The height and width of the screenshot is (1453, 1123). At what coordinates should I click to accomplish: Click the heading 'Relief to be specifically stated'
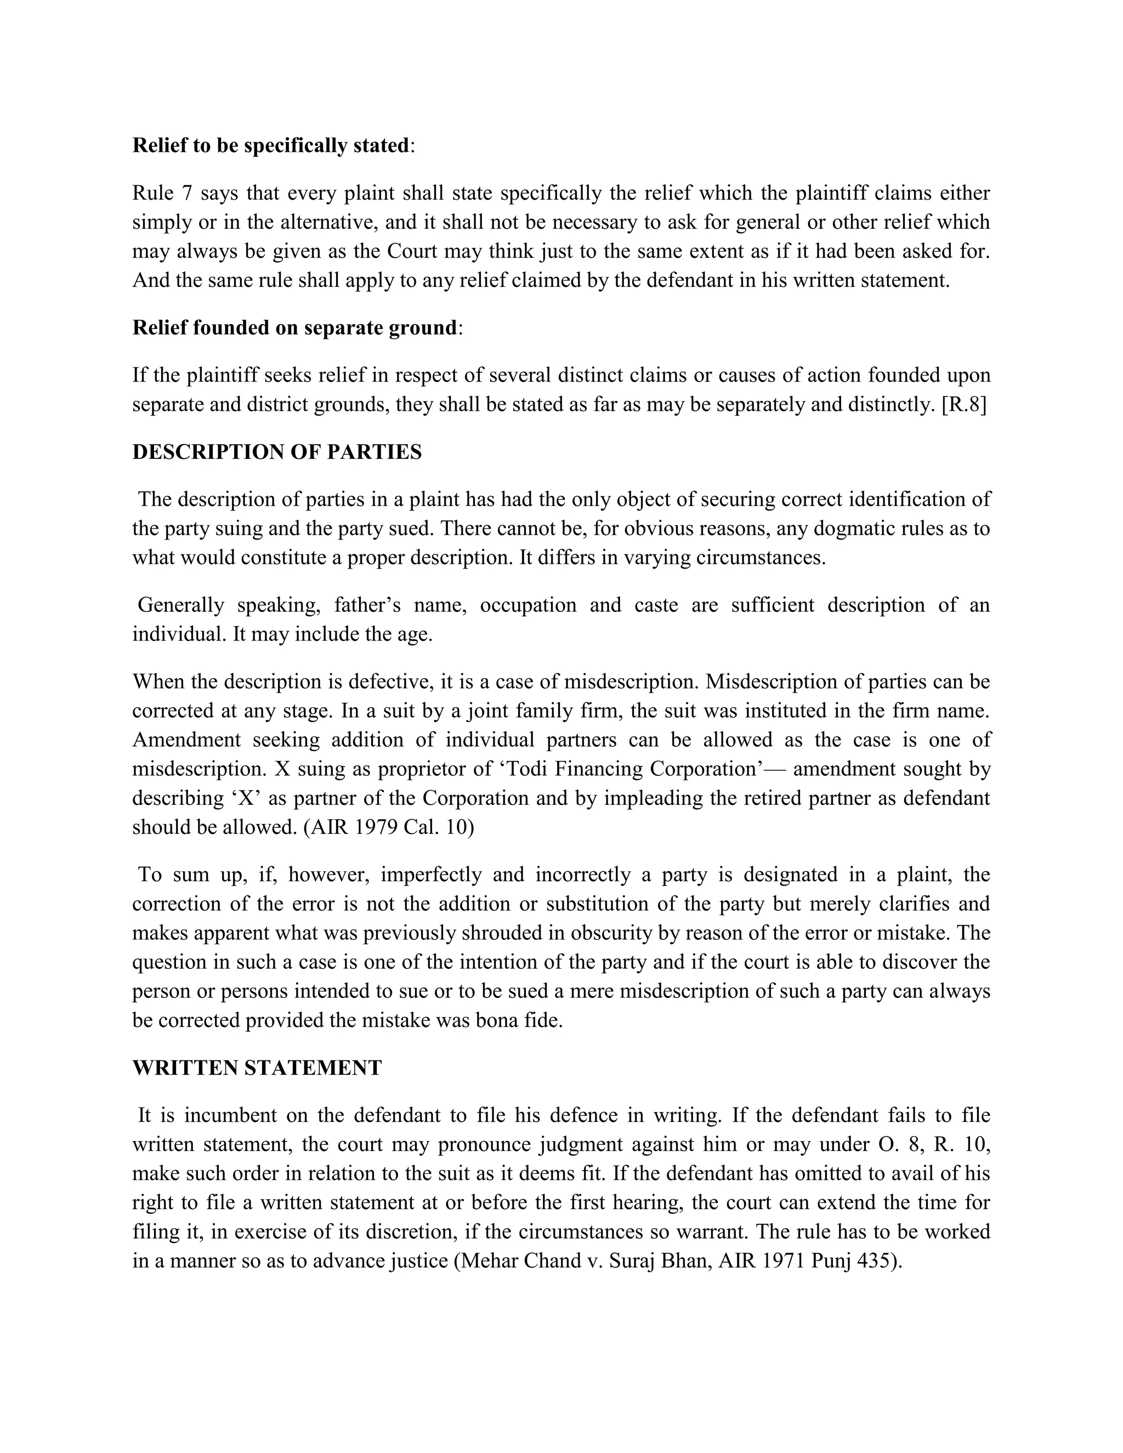click(x=270, y=146)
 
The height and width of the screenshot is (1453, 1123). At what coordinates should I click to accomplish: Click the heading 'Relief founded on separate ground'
click(x=294, y=328)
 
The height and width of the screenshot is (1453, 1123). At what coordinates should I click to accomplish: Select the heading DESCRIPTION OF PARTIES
click(x=277, y=452)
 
